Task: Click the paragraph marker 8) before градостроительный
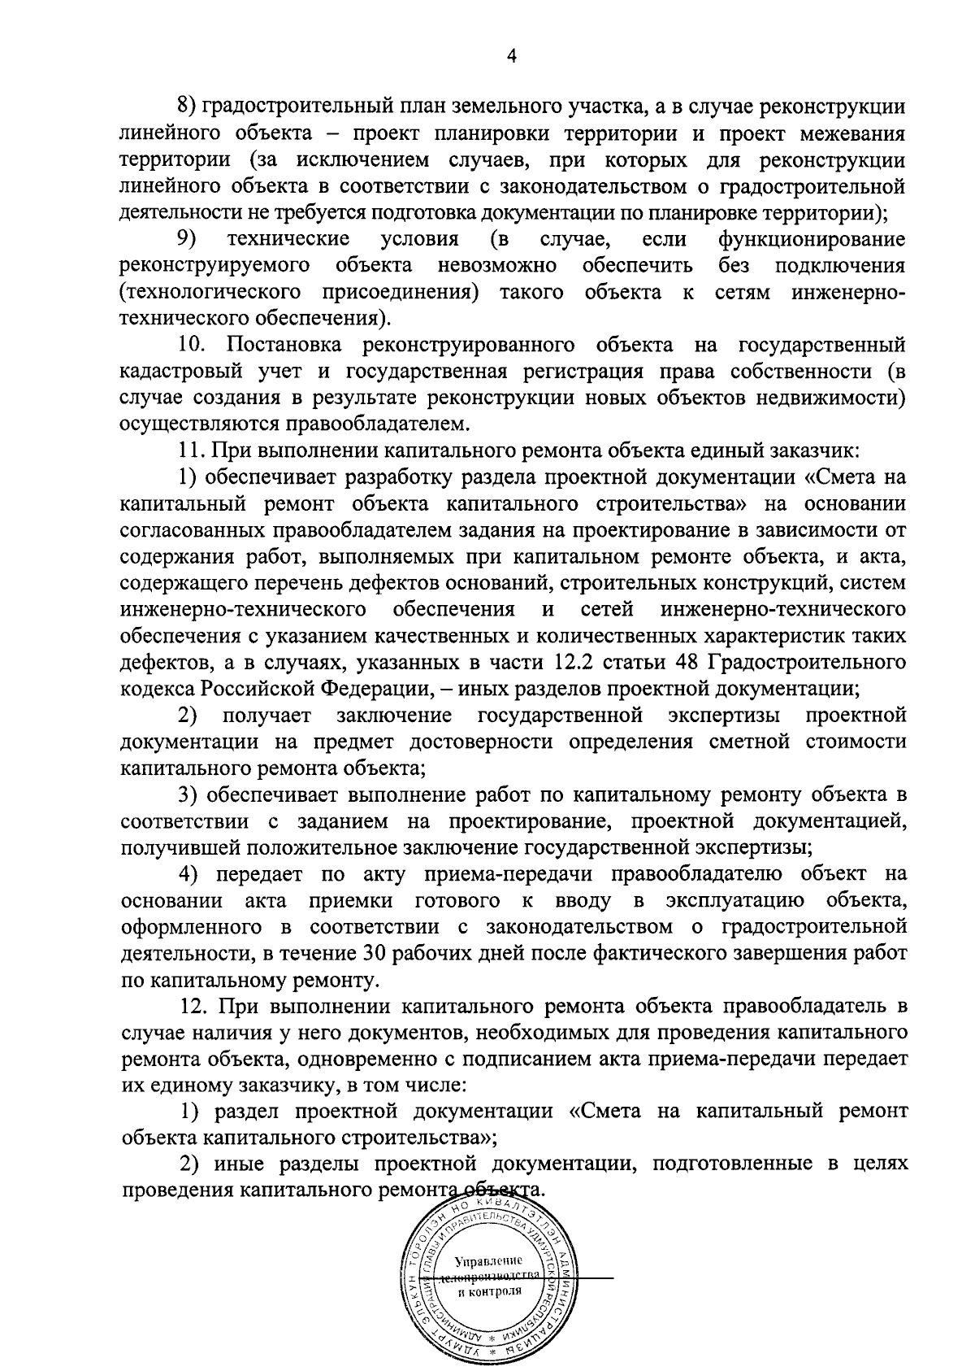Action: tap(187, 107)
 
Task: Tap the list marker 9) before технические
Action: tap(188, 239)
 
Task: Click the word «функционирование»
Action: tap(811, 239)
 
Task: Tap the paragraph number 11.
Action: tap(189, 450)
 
